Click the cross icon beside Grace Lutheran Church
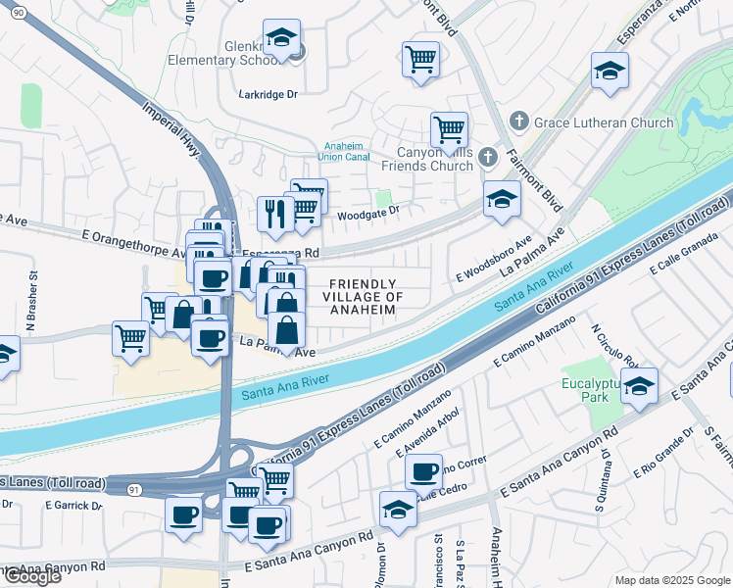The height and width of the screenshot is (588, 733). point(518,122)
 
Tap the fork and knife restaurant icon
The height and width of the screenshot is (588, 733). point(276,215)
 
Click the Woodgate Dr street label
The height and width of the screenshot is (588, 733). point(368,211)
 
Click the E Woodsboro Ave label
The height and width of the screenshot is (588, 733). point(493,258)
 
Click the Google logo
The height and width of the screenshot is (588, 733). point(31,575)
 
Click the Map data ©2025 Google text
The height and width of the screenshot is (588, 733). point(671,580)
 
